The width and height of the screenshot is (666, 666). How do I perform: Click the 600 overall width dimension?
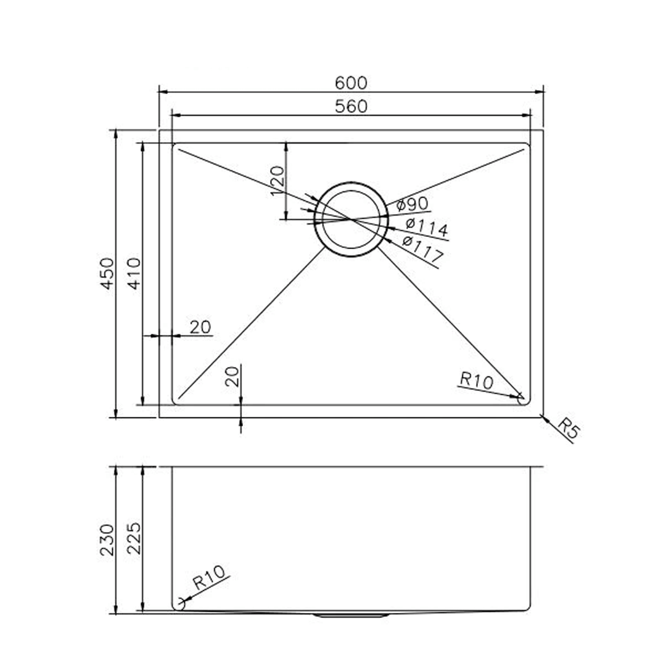click(351, 83)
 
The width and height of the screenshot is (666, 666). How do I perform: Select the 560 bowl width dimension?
click(351, 107)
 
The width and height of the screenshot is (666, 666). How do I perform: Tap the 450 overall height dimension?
click(107, 274)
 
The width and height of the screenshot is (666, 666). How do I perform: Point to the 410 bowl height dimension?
click(134, 274)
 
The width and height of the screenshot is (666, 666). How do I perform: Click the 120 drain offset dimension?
click(277, 181)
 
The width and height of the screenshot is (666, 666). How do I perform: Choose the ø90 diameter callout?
click(412, 205)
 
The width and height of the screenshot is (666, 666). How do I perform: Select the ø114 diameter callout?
click(427, 227)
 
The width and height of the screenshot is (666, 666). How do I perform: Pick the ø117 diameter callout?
click(422, 249)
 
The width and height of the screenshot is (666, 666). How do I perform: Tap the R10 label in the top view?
click(477, 380)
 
